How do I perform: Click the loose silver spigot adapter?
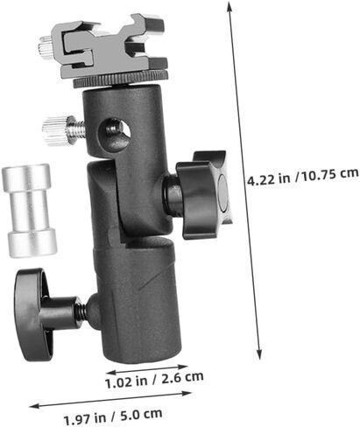(x=29, y=210)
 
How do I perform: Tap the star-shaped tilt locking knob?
(x=205, y=195)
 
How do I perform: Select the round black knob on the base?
(x=32, y=315)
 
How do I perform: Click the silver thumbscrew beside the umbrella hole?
(x=64, y=130)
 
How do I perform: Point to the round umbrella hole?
(x=114, y=132)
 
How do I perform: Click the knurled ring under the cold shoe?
(x=121, y=80)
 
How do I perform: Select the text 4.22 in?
(x=269, y=178)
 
